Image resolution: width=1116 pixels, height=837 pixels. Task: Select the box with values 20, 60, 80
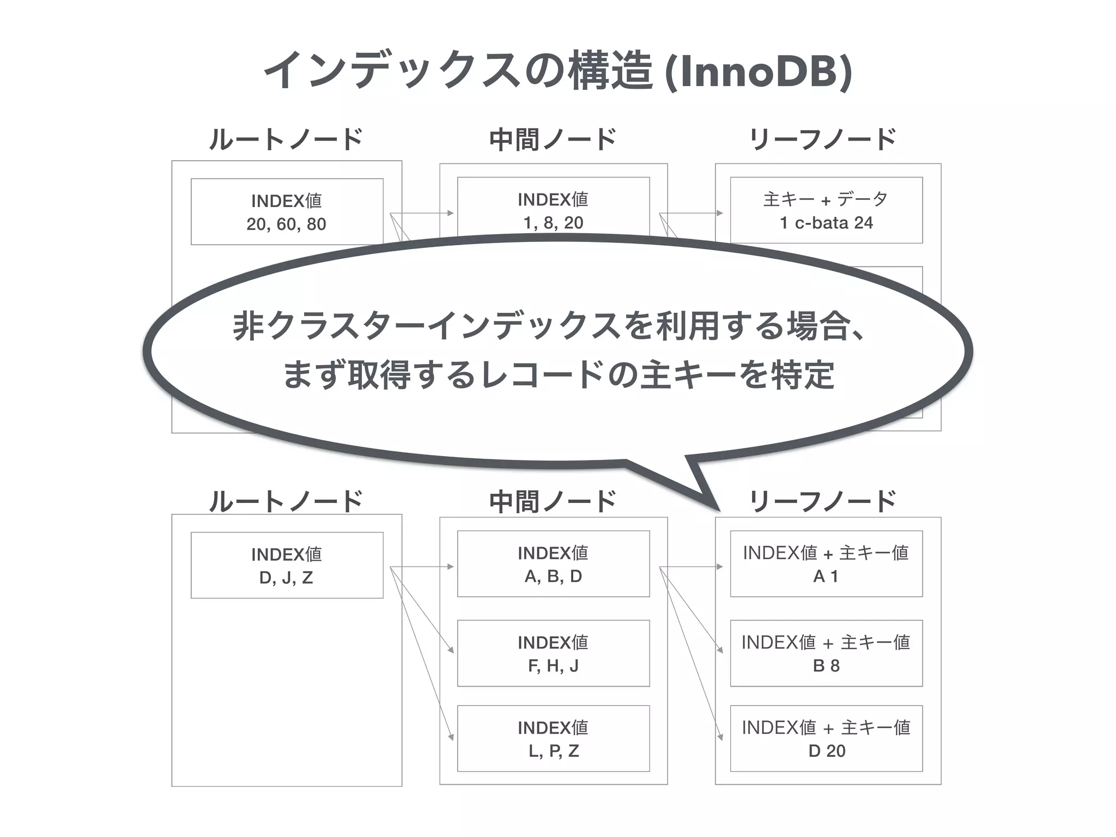(x=287, y=211)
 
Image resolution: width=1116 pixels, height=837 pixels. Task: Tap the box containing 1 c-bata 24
(x=826, y=210)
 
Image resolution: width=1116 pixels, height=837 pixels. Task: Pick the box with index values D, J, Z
(x=287, y=565)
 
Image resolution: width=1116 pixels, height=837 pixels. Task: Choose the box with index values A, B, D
(x=553, y=564)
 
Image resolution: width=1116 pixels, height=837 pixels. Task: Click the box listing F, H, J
(x=553, y=653)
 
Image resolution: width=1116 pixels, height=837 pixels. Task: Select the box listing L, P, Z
(x=553, y=738)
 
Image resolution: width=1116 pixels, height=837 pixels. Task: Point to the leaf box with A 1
(x=826, y=564)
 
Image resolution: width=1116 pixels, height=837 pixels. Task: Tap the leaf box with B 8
(x=826, y=653)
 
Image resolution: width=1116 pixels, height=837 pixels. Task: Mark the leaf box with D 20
(x=826, y=738)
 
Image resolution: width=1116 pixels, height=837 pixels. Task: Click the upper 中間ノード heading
(x=553, y=139)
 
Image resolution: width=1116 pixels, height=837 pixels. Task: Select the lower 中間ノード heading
(x=553, y=501)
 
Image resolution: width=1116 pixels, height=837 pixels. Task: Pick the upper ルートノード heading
(x=286, y=139)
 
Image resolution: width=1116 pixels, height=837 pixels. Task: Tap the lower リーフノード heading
(x=823, y=501)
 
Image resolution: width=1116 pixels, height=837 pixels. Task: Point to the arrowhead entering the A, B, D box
(x=451, y=567)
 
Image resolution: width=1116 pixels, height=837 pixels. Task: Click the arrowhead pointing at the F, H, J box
(x=451, y=650)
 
